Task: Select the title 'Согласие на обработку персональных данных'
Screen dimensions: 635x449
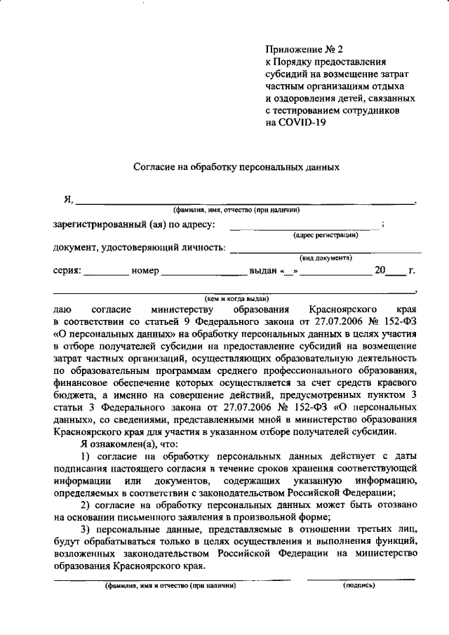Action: [236, 168]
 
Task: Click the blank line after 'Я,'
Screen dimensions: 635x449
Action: [246, 201]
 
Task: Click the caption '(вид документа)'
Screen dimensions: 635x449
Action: [326, 258]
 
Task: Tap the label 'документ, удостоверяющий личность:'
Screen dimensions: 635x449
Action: [139, 248]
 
